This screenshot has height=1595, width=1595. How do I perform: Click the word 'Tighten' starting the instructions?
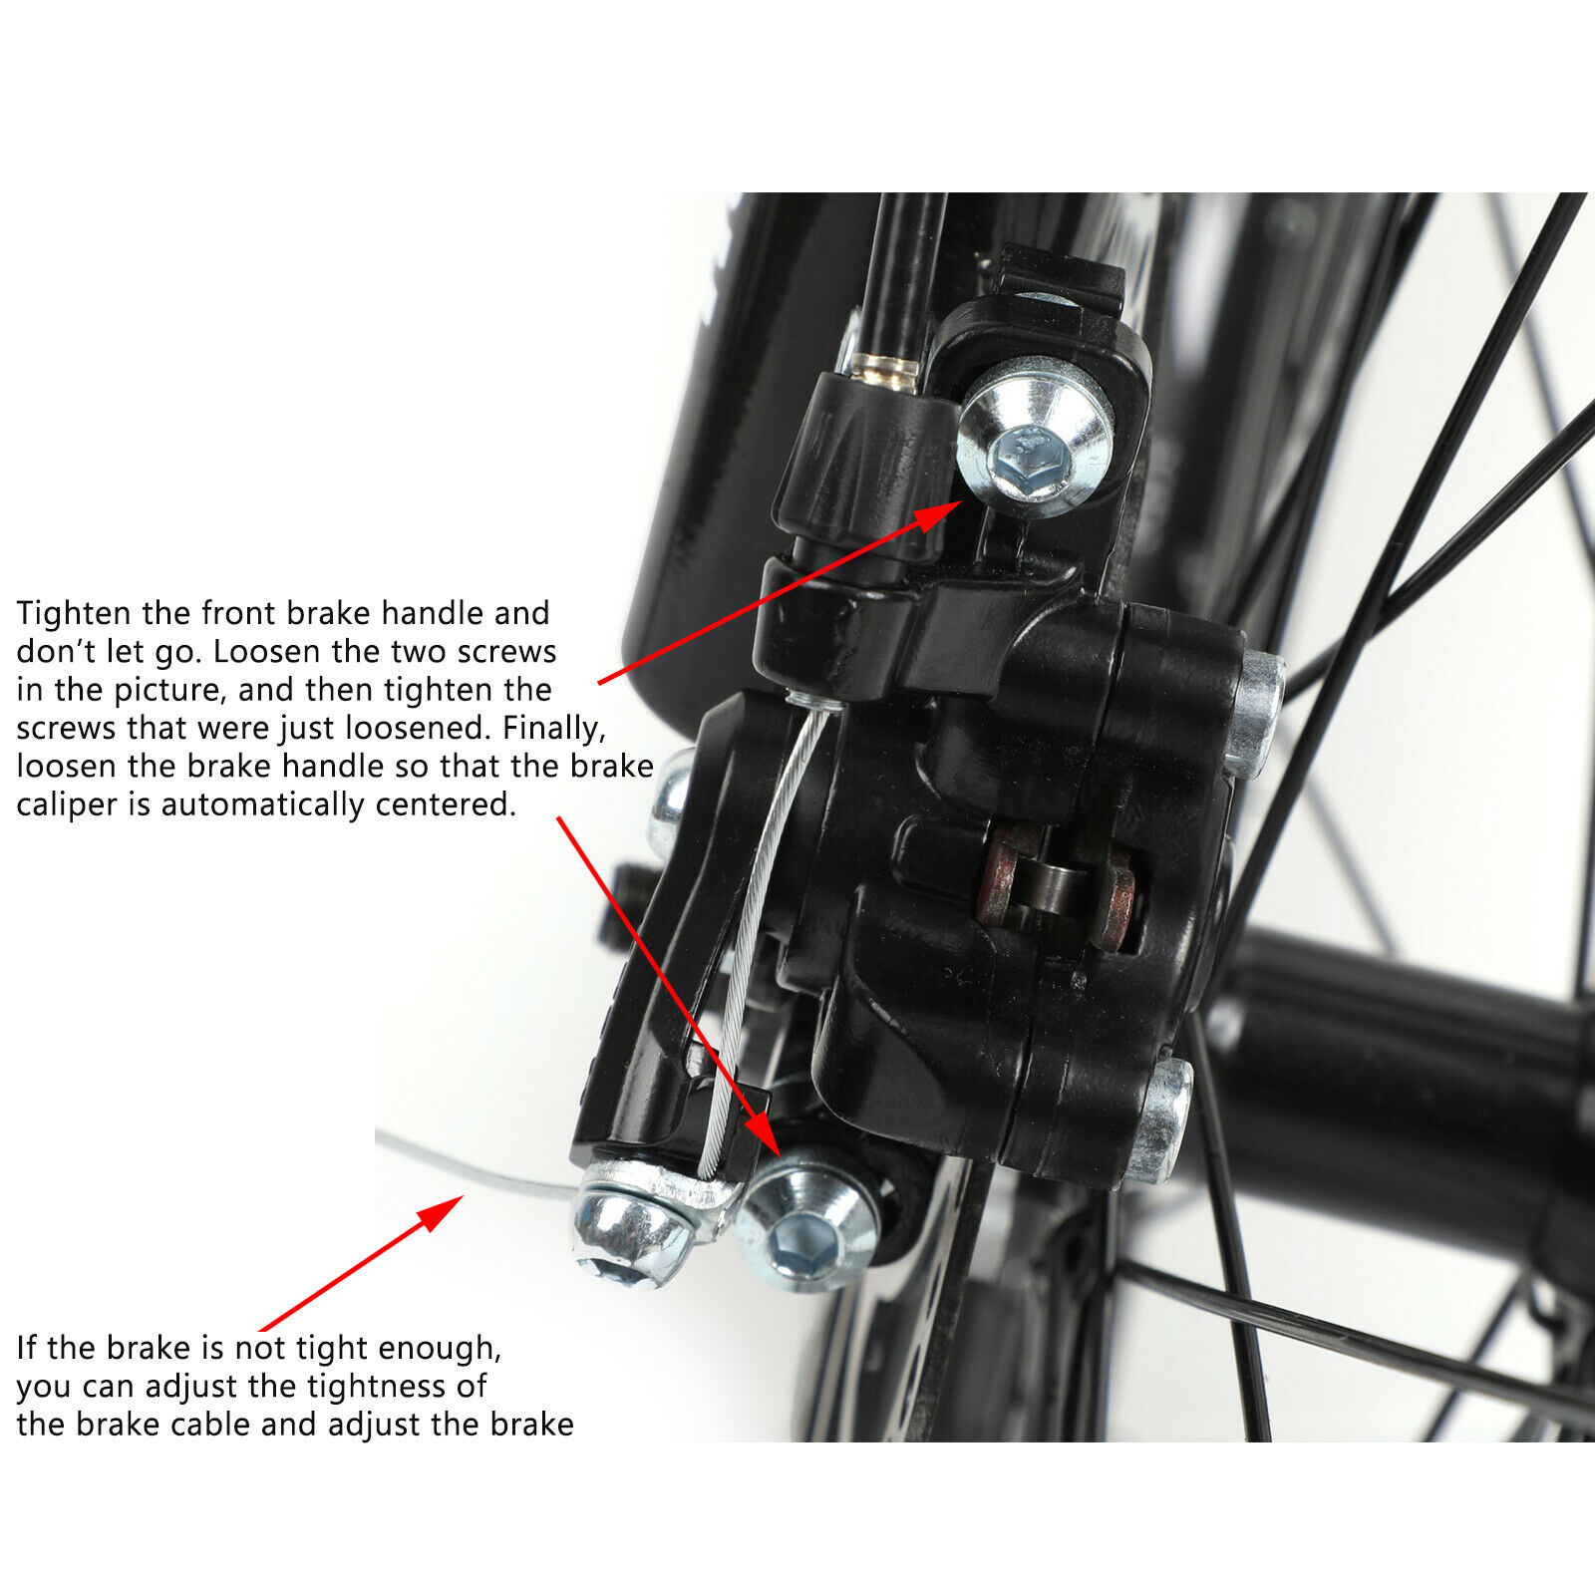coord(75,613)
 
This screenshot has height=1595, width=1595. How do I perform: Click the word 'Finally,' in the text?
coord(554,728)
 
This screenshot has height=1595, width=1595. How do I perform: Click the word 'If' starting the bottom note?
coord(27,1348)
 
